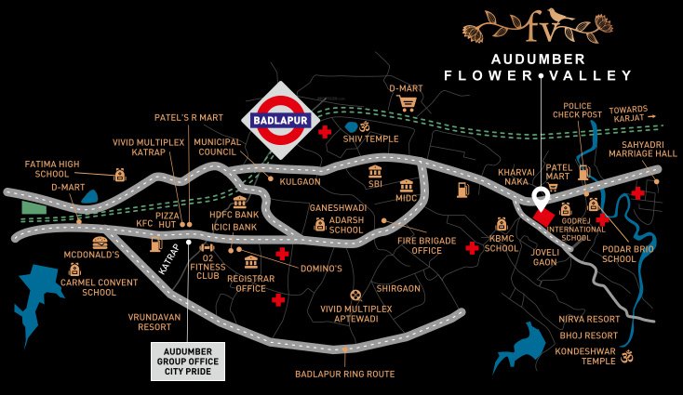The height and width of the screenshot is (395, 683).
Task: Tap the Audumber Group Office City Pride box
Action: pyautogui.click(x=189, y=361)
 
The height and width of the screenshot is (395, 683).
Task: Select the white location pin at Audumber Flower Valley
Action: pyautogui.click(x=541, y=198)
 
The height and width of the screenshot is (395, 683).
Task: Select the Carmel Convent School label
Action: pyautogui.click(x=86, y=286)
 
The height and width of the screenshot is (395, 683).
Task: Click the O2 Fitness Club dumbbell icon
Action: pyautogui.click(x=207, y=248)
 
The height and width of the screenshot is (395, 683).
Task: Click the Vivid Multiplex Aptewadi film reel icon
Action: pyautogui.click(x=354, y=296)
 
